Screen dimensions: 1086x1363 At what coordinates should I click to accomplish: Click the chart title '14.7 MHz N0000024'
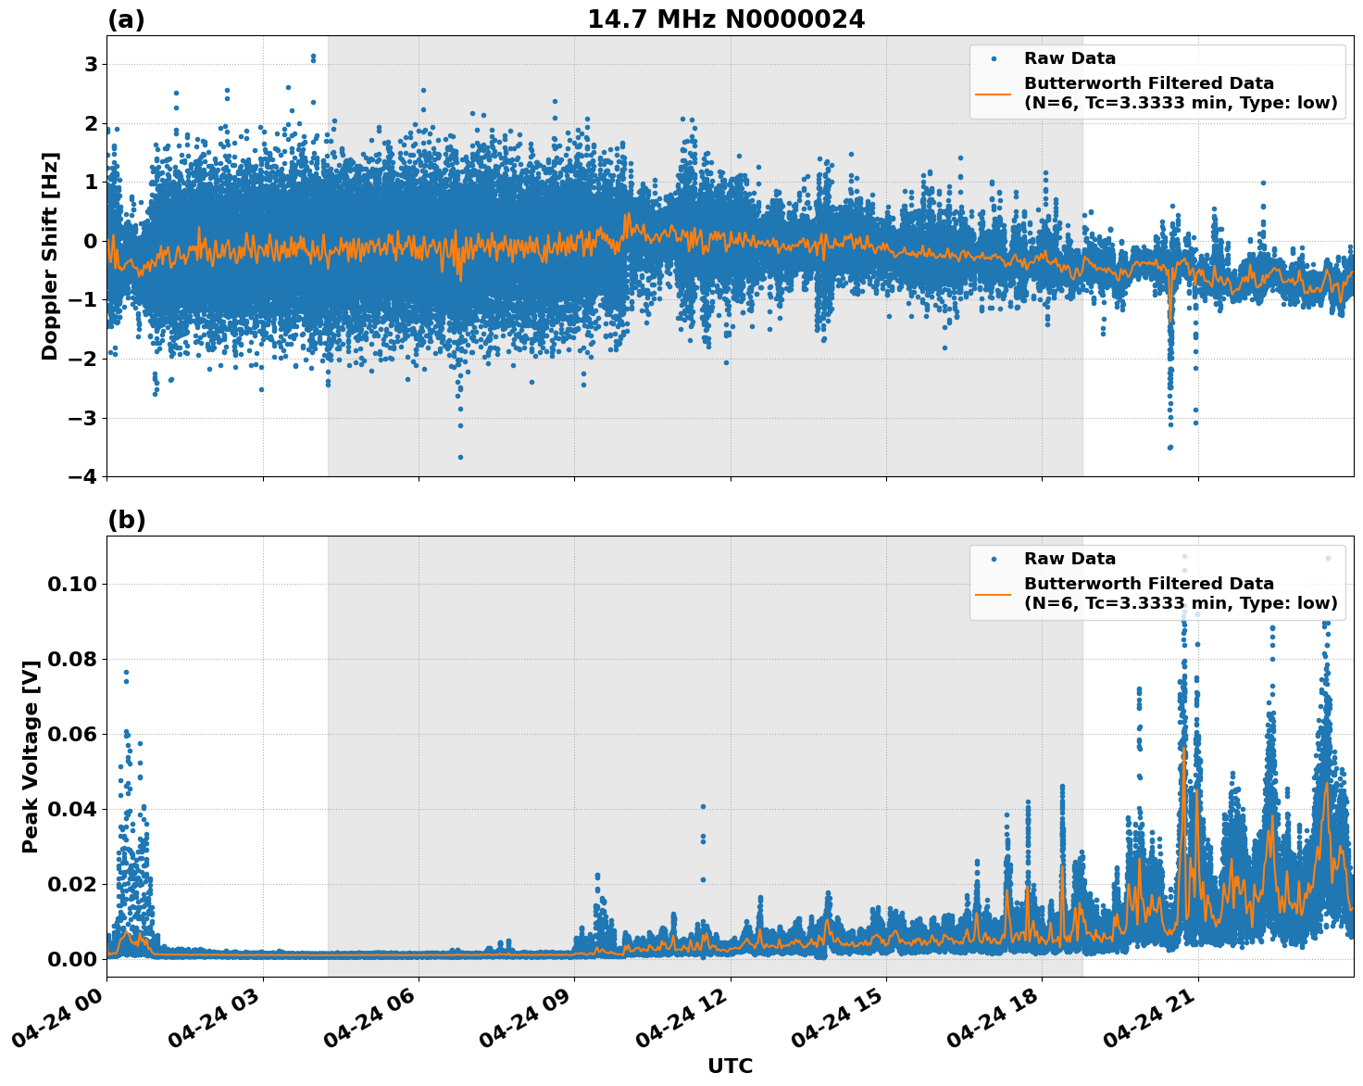coord(726,19)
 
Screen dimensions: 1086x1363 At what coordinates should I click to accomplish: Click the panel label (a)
coord(126,19)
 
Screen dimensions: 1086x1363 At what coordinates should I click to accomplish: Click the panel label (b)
coord(126,520)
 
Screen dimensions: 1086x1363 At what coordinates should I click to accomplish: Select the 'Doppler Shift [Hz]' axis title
coord(50,256)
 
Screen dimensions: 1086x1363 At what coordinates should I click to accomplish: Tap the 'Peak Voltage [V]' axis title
coord(31,756)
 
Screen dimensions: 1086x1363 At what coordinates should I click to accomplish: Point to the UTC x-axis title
coord(730,1066)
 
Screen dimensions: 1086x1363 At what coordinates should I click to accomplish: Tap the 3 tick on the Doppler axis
coord(91,65)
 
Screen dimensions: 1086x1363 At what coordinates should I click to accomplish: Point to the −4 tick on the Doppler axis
coord(85,476)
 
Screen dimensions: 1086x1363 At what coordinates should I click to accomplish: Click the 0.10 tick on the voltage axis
coord(73,584)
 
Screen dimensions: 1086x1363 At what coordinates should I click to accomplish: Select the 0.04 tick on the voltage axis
coord(73,809)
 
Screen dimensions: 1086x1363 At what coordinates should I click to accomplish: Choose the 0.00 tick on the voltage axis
coord(73,959)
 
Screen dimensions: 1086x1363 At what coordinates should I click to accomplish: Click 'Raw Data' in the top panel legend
coord(1069,58)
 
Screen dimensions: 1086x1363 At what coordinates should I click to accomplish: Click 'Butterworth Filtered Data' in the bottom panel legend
coord(1148,584)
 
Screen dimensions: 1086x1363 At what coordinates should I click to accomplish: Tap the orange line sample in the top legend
coord(994,94)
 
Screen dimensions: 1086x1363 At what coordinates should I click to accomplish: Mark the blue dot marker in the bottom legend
coord(994,560)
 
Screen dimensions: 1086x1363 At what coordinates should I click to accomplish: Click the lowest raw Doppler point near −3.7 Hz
coord(460,457)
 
